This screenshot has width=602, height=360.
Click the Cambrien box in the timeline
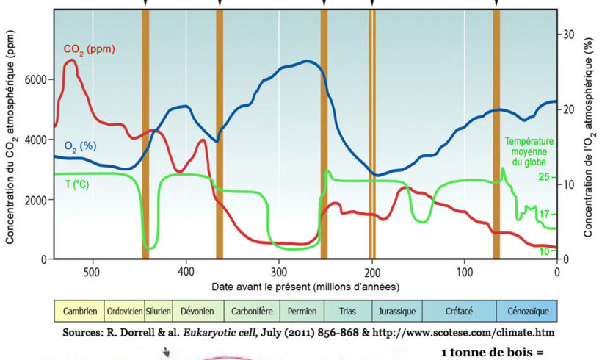click(x=80, y=312)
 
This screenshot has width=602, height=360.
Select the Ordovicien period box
click(x=125, y=312)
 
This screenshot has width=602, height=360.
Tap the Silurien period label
click(x=159, y=312)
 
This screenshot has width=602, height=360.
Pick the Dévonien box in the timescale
click(x=197, y=312)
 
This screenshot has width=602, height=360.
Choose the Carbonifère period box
click(x=251, y=312)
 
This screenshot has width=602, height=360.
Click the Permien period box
click(x=301, y=312)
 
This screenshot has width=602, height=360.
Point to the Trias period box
click(x=347, y=312)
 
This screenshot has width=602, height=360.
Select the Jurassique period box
click(x=397, y=312)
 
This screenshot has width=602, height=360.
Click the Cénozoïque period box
click(x=526, y=312)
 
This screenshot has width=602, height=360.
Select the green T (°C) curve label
click(x=73, y=184)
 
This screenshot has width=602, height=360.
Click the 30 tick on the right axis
click(x=567, y=35)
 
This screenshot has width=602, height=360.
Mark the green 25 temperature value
click(x=544, y=177)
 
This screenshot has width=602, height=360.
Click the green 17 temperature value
click(x=544, y=215)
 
